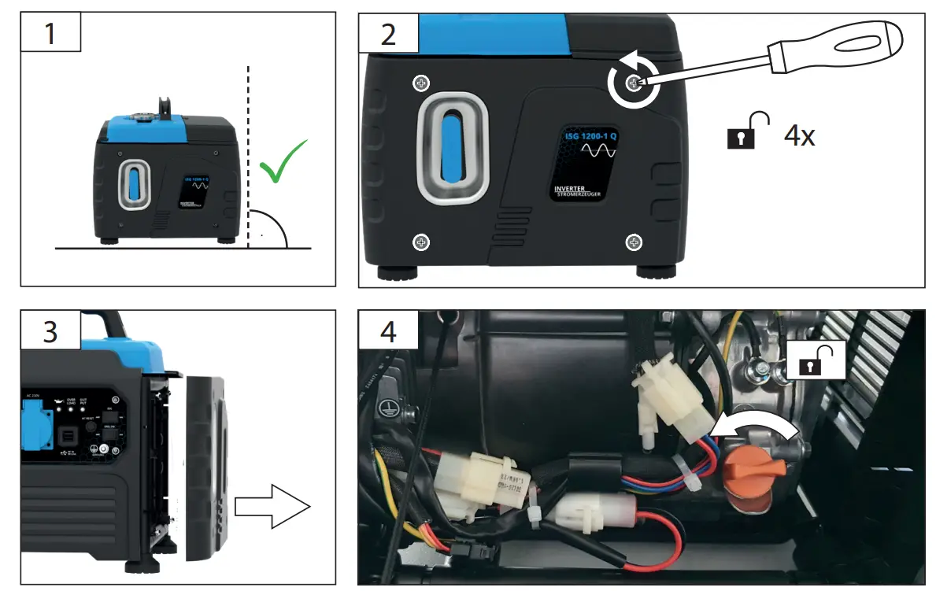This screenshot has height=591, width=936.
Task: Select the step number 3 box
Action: (x=50, y=331)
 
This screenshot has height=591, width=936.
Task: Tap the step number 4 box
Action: (x=387, y=331)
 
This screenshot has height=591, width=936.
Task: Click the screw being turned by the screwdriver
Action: (x=633, y=83)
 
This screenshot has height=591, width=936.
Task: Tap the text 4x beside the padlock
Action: (x=799, y=135)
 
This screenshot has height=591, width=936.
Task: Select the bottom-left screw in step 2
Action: (x=422, y=242)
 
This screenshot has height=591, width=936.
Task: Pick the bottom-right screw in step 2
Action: (x=631, y=242)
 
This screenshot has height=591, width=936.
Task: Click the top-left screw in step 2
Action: (x=423, y=83)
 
